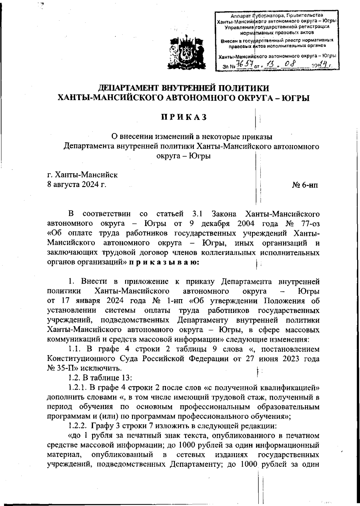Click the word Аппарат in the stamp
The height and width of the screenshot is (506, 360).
[242, 15]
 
